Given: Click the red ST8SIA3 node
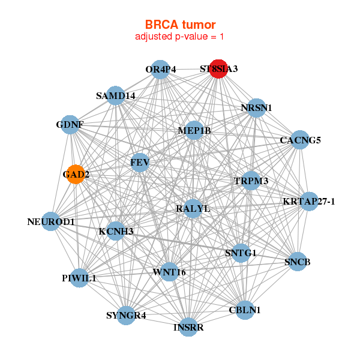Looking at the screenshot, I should tap(218, 69).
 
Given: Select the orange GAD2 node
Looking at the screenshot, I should tap(75, 175).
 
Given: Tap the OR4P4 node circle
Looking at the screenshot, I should tap(160, 69).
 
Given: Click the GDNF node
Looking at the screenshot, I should tap(70, 125).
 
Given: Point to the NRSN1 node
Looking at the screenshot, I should tap(256, 108).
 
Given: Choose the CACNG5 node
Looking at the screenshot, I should tap(300, 140).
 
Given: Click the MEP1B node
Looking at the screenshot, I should tap(194, 130).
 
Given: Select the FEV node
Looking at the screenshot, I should tap(140, 163).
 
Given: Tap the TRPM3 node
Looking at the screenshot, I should tap(251, 181).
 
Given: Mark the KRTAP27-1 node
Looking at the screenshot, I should tap(309, 201).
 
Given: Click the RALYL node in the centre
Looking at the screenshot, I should tap(193, 208).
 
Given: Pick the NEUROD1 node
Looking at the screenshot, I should tap(51, 222).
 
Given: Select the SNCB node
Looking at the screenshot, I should tap(298, 262).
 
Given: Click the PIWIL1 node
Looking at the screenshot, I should tap(79, 278).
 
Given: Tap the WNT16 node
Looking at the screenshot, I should tap(169, 272).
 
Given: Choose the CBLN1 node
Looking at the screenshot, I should tap(244, 310).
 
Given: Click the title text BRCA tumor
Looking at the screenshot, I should tap(180, 25).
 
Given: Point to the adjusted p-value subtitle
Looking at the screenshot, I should tap(180, 37).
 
